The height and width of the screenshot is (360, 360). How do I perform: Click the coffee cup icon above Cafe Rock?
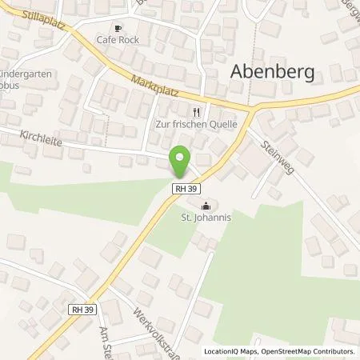[x=118, y=28]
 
